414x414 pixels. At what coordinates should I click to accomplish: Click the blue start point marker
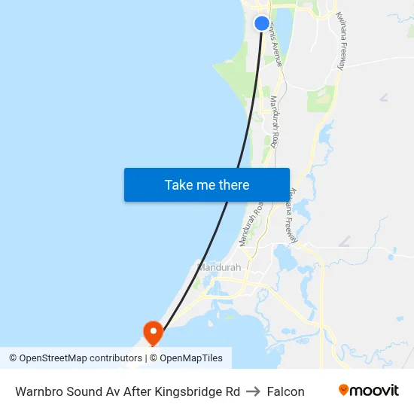[262, 23]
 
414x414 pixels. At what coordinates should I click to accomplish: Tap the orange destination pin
[153, 331]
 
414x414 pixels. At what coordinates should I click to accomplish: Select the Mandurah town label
[219, 267]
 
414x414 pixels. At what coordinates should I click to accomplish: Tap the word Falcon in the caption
[286, 391]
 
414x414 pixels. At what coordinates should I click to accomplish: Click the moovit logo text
[374, 391]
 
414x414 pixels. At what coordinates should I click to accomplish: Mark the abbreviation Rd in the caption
[232, 391]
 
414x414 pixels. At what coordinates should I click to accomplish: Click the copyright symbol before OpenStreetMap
[14, 358]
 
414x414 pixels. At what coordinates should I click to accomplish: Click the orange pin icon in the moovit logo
[344, 390]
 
